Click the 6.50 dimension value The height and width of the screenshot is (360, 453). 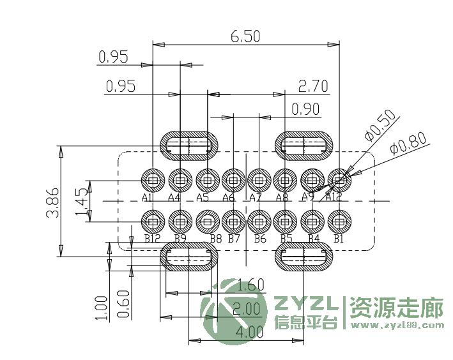pos(245,36)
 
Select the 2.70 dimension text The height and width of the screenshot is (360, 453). pos(314,86)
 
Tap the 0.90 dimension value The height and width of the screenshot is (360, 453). pos(305,109)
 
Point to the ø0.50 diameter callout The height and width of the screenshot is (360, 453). pos(380,125)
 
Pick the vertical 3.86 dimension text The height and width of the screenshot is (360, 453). pos(54,203)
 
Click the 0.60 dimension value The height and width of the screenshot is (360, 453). pos(124,304)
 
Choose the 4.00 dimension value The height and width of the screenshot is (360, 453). pos(249,333)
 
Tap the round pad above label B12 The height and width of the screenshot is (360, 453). pos(153,221)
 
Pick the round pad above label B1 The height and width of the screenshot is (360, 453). pos(339,221)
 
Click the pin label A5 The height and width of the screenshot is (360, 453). pos(203,198)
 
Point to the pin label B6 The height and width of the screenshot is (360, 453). pos(259,239)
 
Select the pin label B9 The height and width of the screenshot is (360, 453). pos(180,239)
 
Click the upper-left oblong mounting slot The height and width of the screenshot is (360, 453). pos(189,146)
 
